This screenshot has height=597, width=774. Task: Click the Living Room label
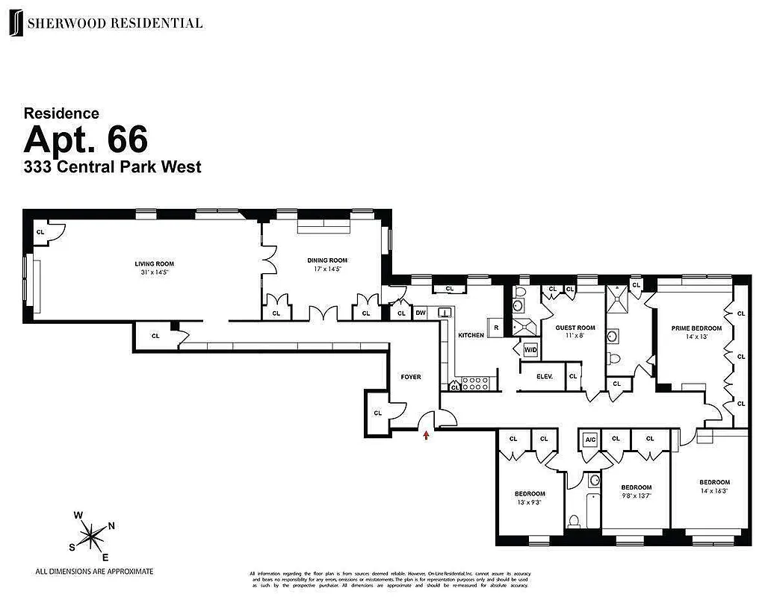154,264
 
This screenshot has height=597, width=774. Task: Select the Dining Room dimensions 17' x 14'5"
327,269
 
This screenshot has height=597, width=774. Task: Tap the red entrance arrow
427,434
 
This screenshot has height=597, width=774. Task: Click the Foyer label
411,377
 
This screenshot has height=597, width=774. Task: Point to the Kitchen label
471,336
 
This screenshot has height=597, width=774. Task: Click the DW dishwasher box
421,313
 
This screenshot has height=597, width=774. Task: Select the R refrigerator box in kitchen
495,327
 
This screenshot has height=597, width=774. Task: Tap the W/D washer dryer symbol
530,349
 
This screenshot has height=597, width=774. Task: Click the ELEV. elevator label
545,377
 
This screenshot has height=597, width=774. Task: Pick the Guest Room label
575,328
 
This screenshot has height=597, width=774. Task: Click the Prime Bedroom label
696,328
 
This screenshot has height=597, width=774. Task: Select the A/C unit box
590,439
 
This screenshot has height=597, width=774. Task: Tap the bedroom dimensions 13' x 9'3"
530,502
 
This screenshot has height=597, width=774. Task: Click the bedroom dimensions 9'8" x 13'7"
637,496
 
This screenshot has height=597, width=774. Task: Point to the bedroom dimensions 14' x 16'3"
714,490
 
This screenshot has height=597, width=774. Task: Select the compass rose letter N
111,525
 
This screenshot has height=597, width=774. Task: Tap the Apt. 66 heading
85,140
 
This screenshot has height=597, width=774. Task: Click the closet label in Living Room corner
40,232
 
